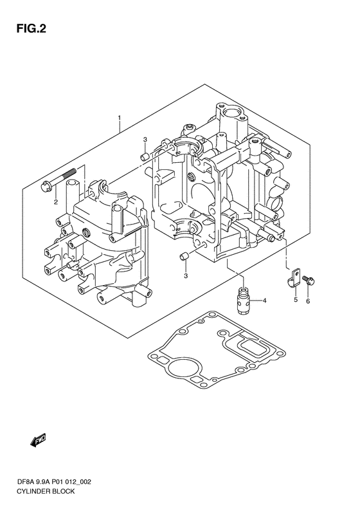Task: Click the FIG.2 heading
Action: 31,29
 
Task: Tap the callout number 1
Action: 120,118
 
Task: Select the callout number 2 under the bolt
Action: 56,202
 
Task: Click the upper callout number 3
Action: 145,140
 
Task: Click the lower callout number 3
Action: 186,276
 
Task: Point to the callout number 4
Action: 264,301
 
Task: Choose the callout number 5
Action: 296,300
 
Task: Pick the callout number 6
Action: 308,301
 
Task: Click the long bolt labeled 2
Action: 59,180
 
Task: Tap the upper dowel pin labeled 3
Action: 145,157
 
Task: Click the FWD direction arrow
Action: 38,441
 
